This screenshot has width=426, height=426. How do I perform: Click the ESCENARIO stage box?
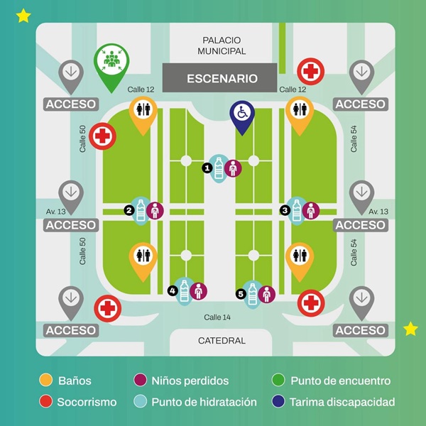220,78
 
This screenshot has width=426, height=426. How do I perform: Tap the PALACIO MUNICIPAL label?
222,45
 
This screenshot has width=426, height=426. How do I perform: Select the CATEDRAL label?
222,340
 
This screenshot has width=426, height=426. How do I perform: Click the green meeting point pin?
111,64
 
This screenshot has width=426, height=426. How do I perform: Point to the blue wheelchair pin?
242,116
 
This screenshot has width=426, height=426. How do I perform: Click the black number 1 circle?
207,168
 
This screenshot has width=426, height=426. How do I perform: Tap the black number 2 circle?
129,210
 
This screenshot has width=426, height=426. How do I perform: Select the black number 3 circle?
285,210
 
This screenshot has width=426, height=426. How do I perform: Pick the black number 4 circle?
173,291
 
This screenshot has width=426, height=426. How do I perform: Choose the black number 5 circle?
241,294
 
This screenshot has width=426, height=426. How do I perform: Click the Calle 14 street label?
217,317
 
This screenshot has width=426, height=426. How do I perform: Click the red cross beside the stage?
310,72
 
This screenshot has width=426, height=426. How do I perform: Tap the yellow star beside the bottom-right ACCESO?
410,329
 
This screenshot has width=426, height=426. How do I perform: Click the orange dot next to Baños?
45,380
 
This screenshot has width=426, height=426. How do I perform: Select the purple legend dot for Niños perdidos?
140,380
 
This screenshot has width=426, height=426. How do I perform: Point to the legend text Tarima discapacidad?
342,402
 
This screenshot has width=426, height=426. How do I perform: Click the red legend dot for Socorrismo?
45,402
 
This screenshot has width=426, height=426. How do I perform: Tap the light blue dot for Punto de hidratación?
140,402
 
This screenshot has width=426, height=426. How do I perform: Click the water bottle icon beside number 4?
184,291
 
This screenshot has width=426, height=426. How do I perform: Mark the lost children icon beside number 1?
233,168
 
